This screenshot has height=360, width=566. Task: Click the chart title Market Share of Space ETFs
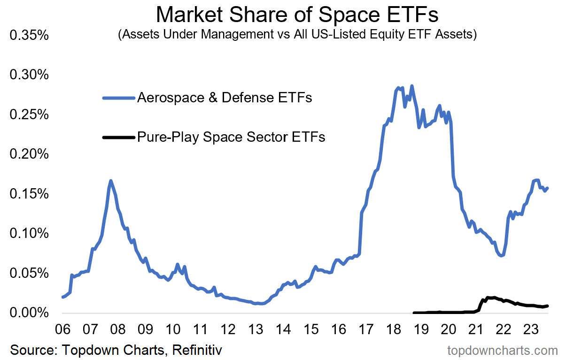tap(297, 15)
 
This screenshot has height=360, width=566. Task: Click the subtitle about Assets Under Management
tap(297, 35)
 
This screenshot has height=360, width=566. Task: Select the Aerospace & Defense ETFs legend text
tap(225, 98)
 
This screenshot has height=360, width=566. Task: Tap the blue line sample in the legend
tap(118, 98)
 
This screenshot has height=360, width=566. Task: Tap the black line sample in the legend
tap(118, 137)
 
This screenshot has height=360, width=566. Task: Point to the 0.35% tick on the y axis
tap(29, 36)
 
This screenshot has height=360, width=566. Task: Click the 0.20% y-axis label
tap(29, 154)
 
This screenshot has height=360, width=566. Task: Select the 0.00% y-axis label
tap(29, 312)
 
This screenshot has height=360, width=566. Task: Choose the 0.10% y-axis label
tap(29, 233)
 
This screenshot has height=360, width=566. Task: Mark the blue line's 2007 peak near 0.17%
tap(110, 181)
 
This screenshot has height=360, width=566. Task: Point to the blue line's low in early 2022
tap(502, 255)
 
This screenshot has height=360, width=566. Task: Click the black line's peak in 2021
tap(488, 297)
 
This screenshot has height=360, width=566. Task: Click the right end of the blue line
tap(548, 188)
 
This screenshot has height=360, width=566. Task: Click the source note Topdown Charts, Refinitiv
tap(116, 350)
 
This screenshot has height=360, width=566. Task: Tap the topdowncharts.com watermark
tap(502, 350)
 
